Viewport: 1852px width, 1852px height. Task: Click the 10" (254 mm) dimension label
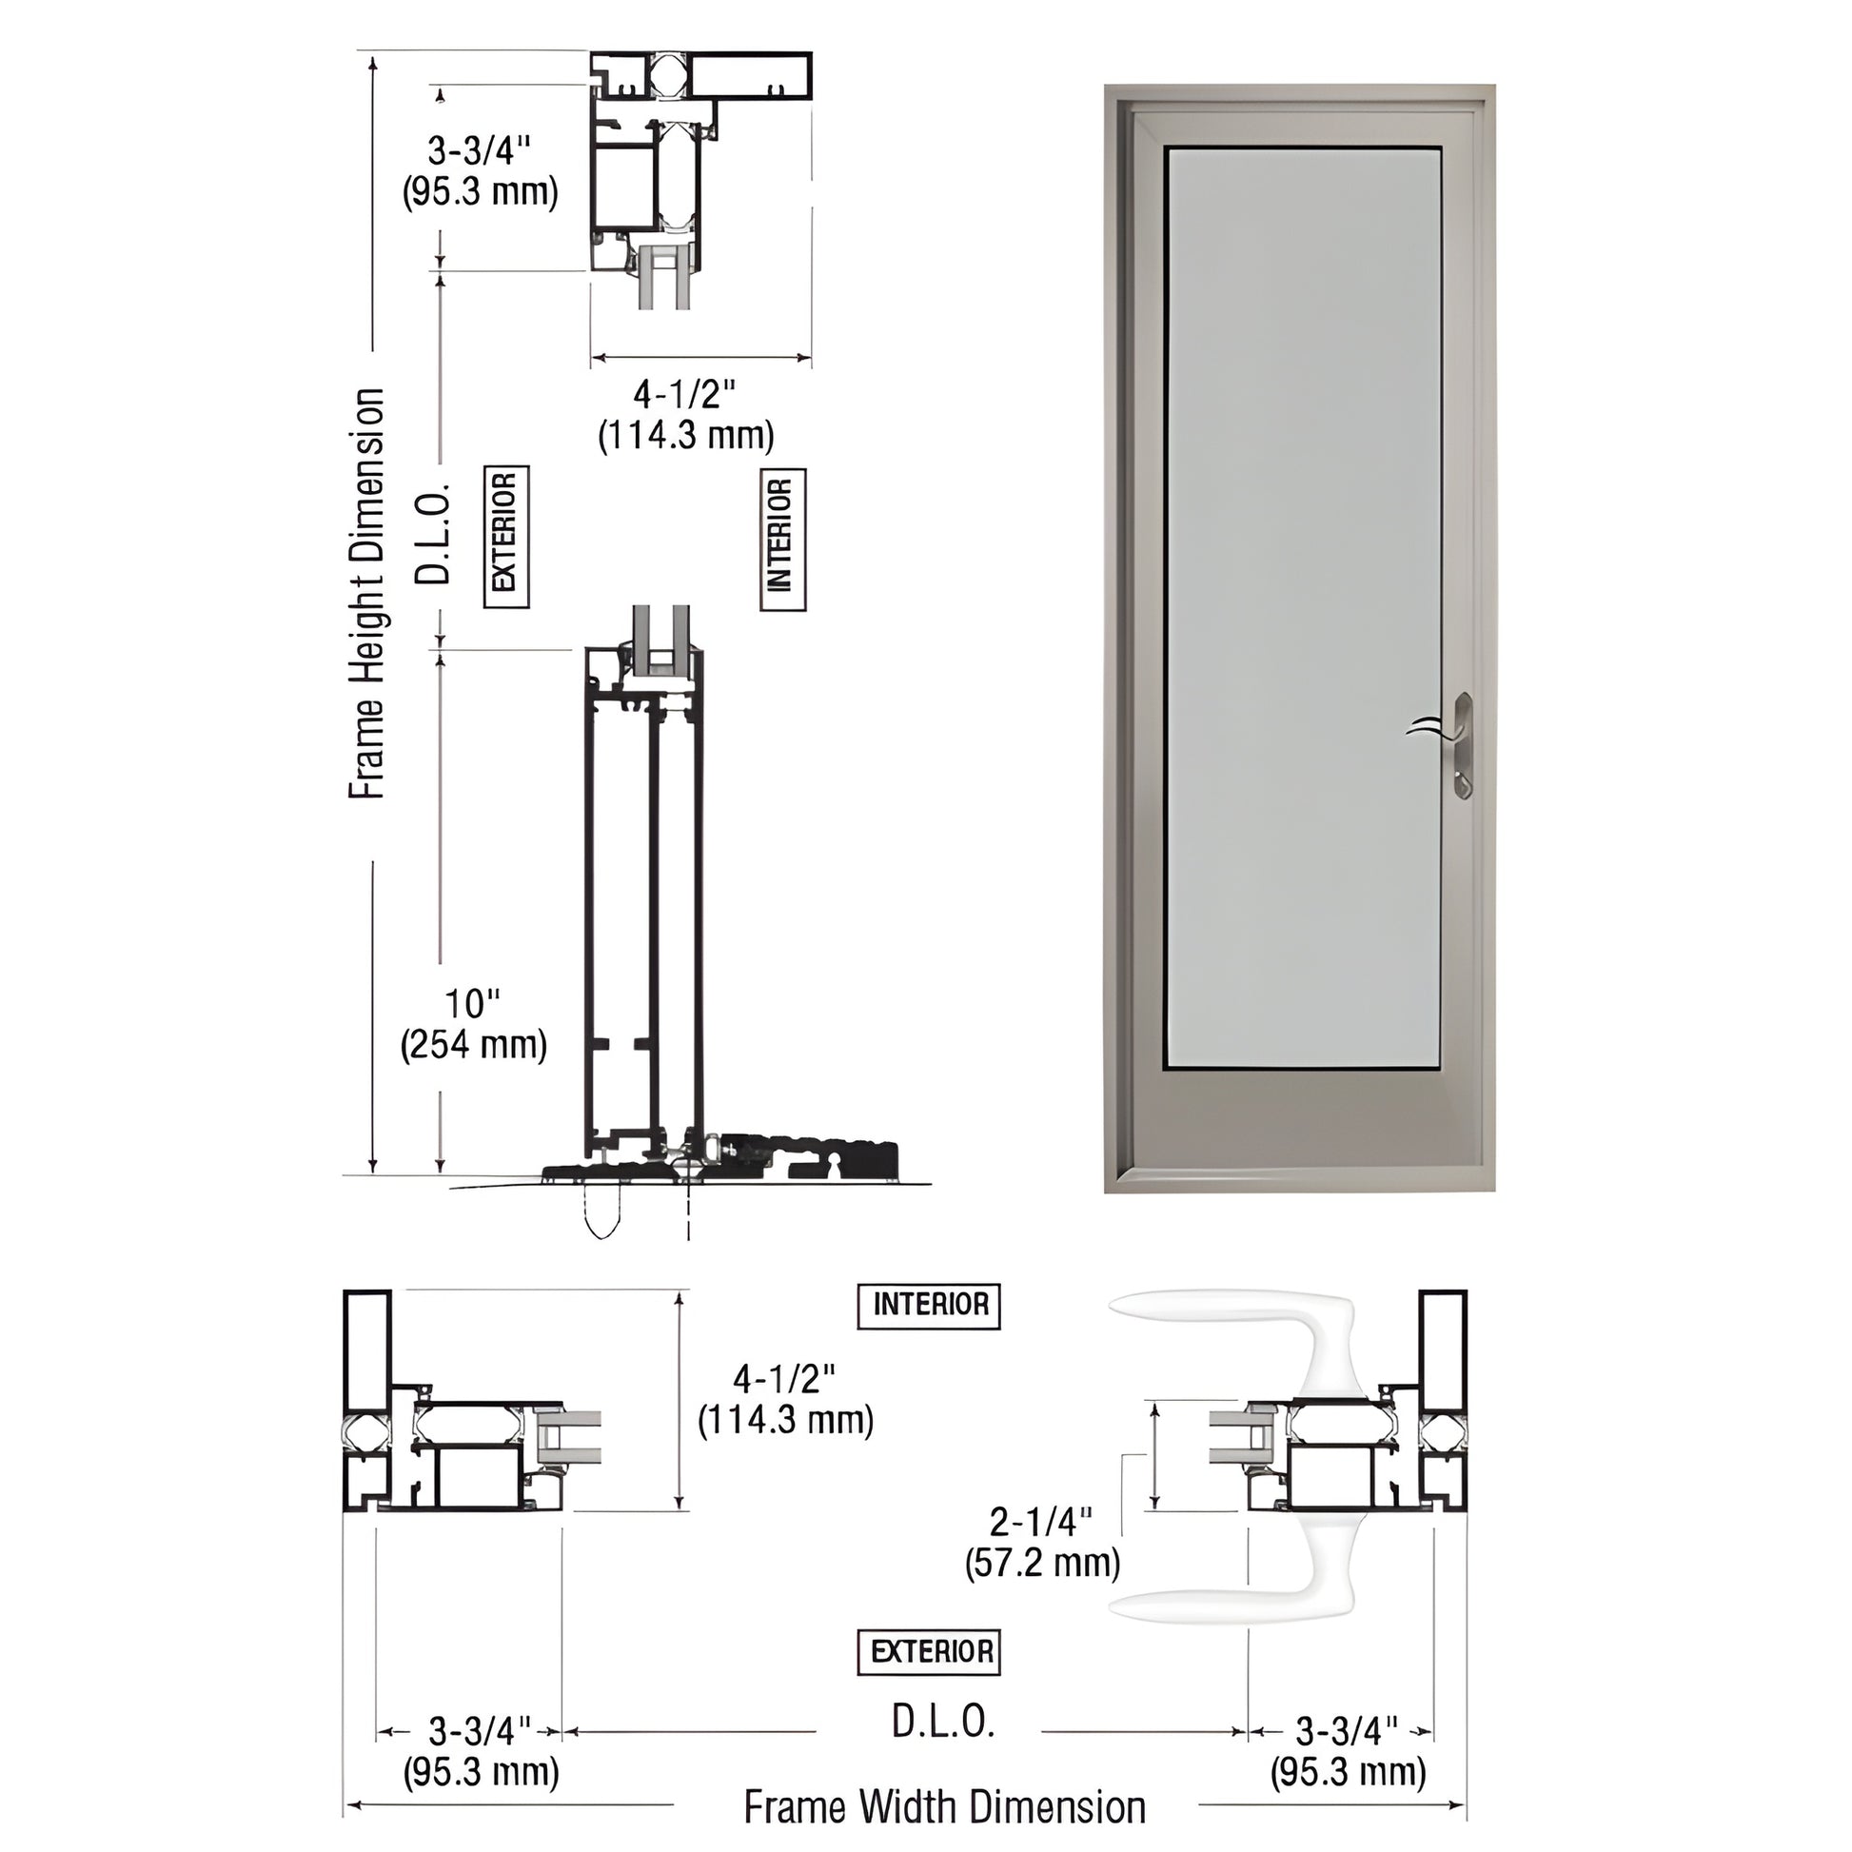[x=474, y=1025]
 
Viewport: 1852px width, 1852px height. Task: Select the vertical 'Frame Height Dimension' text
[x=366, y=593]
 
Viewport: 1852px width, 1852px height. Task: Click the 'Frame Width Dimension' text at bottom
[x=944, y=1807]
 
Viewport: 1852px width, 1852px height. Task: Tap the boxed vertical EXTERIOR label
[x=505, y=537]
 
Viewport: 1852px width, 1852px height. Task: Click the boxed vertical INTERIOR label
[x=782, y=540]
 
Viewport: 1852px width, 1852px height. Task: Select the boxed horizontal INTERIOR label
[x=928, y=1306]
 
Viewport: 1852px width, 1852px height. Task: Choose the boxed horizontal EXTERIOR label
[x=928, y=1651]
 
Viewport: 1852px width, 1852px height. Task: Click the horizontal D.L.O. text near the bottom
[x=943, y=1723]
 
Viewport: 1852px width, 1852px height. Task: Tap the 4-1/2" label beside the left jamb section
[x=785, y=1399]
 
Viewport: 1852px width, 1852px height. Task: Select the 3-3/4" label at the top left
[x=480, y=170]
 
